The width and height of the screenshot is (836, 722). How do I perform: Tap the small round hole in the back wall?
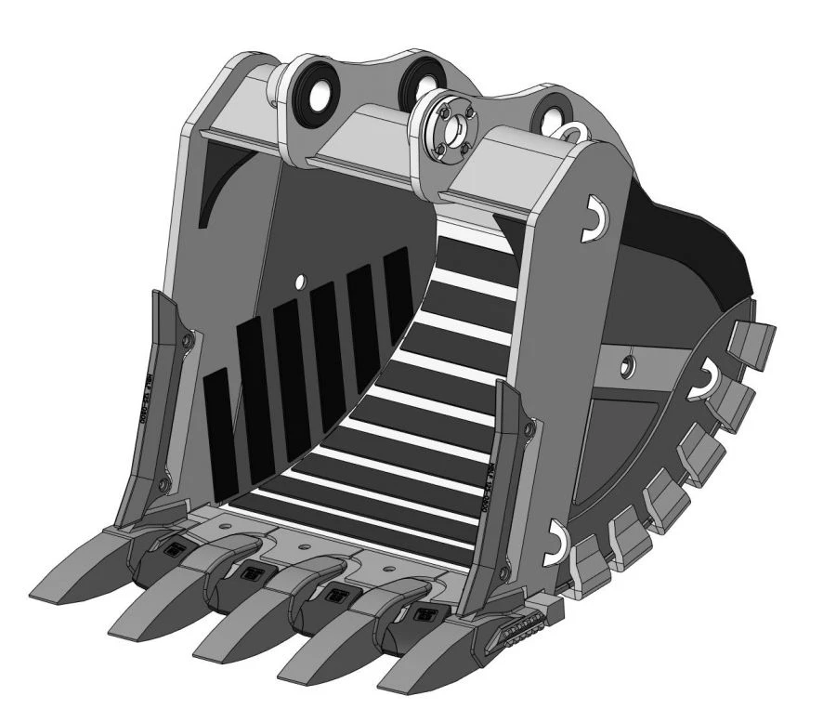(x=300, y=280)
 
